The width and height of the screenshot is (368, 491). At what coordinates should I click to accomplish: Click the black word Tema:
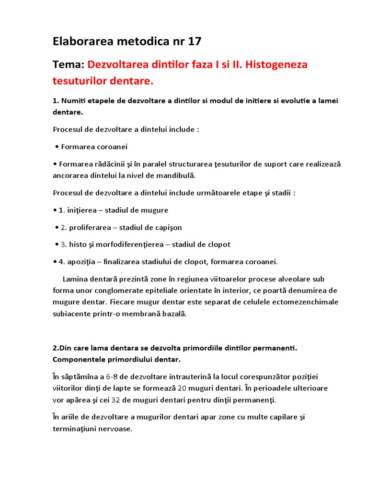point(69,65)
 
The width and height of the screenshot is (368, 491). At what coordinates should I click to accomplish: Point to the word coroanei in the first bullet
point(114,147)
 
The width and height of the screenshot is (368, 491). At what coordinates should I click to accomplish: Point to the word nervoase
point(115,429)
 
